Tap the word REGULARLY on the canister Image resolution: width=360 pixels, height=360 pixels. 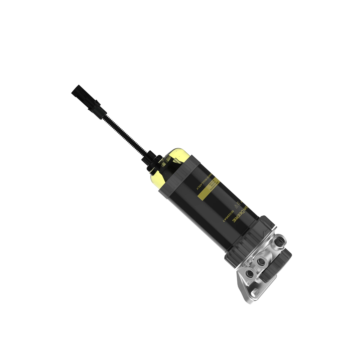coord(201,184)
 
